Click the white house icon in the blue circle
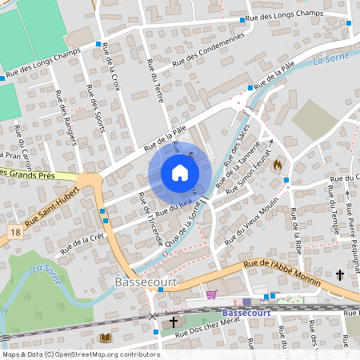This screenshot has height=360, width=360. pyautogui.click(x=180, y=173)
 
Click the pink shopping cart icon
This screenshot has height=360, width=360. pyautogui.click(x=211, y=294)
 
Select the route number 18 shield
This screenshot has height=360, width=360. pyautogui.click(x=15, y=231)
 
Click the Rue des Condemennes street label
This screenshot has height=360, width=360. pyautogui.click(x=208, y=50)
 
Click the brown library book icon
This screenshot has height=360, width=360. pyautogui.click(x=106, y=338)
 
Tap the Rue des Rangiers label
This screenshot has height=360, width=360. pyautogui.click(x=66, y=118)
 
